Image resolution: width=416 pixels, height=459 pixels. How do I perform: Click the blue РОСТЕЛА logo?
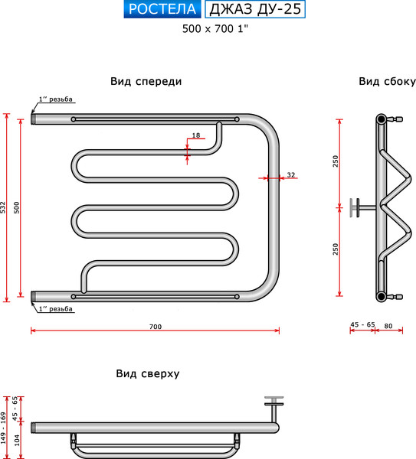(162, 9)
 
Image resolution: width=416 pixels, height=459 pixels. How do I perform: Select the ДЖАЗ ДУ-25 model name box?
(255, 9)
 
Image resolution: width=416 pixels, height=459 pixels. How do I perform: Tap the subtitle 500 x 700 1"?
(215, 29)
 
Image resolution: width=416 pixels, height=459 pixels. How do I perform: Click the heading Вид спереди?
(146, 81)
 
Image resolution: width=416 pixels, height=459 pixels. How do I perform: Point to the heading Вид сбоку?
(387, 81)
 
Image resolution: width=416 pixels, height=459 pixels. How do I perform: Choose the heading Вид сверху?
(147, 373)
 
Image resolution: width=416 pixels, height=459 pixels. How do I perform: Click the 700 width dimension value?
(156, 327)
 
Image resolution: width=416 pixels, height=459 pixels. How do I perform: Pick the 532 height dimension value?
(2, 207)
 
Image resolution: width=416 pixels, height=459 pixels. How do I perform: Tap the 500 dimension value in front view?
(16, 207)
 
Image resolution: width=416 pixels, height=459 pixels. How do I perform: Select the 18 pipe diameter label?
(196, 135)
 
